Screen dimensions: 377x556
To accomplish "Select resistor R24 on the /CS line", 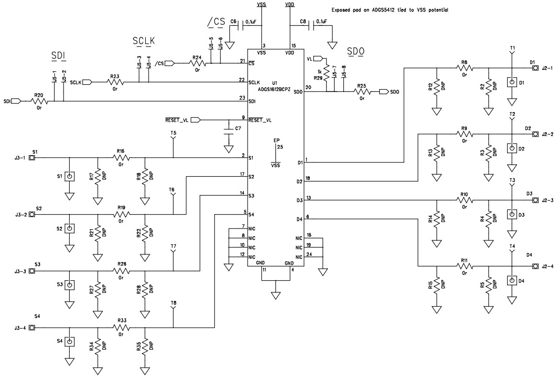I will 196,63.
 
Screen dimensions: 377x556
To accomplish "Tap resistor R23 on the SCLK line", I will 114,82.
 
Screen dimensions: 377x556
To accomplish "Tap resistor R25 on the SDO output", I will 361,91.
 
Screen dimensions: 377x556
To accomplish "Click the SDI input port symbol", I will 15,101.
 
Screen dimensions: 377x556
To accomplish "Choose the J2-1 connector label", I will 547,68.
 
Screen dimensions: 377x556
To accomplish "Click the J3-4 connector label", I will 20,328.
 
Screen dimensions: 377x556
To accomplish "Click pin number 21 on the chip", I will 243,60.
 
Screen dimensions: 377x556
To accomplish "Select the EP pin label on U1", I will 276,140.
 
